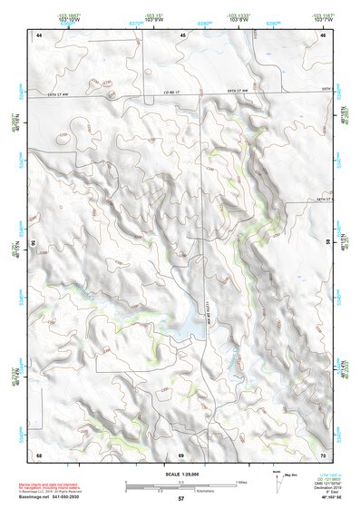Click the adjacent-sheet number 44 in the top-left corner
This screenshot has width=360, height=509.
coord(39,34)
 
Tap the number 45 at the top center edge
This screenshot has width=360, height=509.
coord(182,34)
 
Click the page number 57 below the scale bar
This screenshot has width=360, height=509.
coord(180,498)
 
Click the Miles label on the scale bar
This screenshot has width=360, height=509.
coord(241,482)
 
